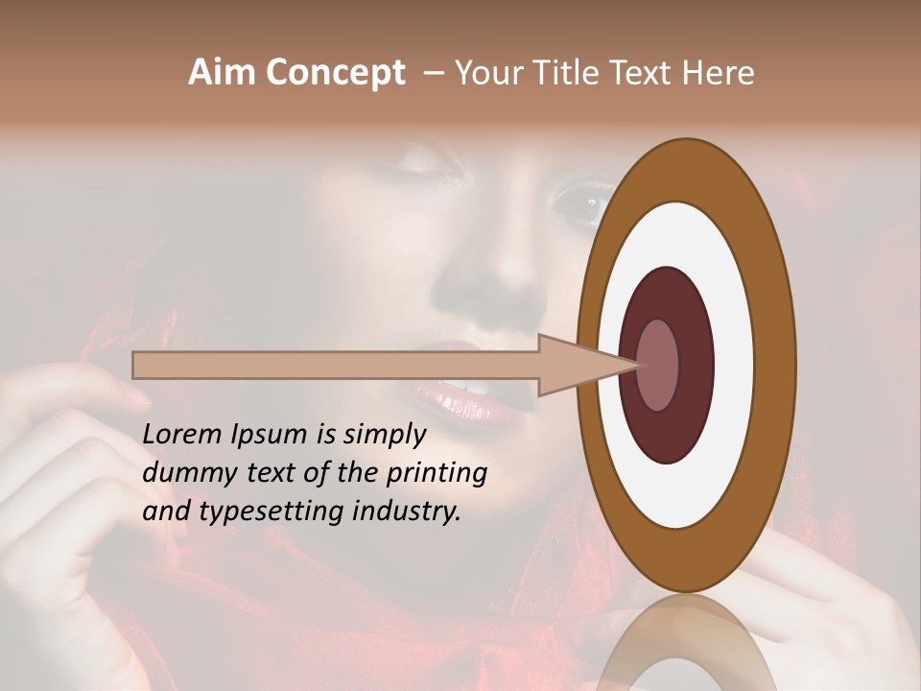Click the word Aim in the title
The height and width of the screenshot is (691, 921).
coord(222,73)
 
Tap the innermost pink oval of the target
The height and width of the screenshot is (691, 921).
coord(657,365)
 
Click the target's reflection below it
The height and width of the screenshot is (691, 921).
coord(686,648)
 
